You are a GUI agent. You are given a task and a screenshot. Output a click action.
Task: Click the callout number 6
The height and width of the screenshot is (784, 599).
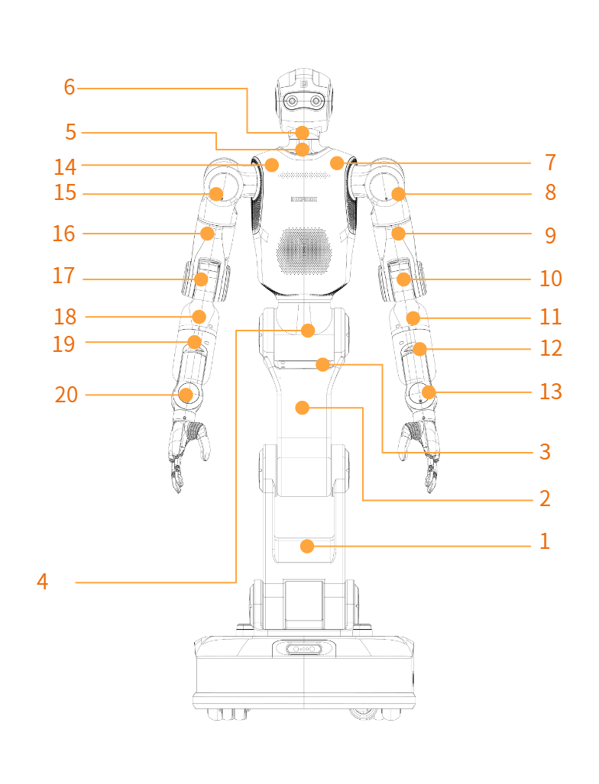(x=70, y=87)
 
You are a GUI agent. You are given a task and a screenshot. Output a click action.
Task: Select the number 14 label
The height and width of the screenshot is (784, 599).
(x=65, y=167)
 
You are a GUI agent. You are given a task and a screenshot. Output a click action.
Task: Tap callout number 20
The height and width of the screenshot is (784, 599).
(x=66, y=395)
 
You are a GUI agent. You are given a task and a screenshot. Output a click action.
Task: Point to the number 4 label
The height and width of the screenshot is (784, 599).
(x=43, y=582)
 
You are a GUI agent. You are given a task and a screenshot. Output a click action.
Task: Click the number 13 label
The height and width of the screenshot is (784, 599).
(x=550, y=392)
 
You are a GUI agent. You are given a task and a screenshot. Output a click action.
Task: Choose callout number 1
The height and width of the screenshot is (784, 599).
(x=545, y=541)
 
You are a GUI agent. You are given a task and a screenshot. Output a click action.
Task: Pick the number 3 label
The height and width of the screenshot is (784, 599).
(x=545, y=451)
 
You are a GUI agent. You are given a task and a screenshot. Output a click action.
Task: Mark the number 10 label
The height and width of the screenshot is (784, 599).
(x=550, y=279)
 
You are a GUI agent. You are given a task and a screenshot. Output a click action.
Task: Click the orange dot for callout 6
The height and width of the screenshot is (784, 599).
(x=303, y=133)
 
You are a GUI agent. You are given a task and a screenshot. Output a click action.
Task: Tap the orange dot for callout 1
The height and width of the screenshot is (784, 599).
(x=307, y=546)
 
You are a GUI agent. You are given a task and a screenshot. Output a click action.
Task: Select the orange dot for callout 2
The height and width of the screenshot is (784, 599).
(x=303, y=408)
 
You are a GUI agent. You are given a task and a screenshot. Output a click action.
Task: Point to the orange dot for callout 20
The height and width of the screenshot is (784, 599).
(x=186, y=395)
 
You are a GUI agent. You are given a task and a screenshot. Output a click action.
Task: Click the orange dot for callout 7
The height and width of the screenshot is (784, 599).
(x=337, y=163)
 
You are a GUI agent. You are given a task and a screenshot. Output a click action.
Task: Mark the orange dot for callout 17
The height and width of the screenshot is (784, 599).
(x=201, y=279)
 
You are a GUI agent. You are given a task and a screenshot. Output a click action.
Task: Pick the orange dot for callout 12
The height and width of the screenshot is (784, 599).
(x=420, y=349)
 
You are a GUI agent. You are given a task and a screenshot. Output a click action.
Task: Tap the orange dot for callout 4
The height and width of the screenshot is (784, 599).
(x=308, y=331)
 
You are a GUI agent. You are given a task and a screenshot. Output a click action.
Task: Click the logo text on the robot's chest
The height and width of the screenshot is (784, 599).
(x=304, y=199)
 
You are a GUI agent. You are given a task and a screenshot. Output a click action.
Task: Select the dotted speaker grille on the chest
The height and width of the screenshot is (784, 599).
(x=304, y=250)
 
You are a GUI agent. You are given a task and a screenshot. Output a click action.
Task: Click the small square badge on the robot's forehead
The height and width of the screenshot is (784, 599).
(x=304, y=84)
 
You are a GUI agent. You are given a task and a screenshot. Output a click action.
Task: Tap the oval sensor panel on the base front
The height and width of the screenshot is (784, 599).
(x=304, y=649)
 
